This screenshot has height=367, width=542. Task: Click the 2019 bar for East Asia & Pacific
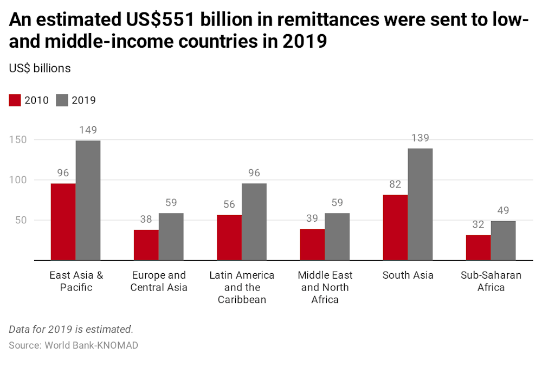point(88,200)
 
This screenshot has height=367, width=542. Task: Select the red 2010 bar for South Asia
point(395,228)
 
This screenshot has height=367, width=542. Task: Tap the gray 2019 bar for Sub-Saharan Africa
point(503,241)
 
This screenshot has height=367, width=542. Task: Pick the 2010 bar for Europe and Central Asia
point(146,245)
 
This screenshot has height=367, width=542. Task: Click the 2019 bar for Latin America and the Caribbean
point(254,222)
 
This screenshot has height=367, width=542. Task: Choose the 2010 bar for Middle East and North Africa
point(312,244)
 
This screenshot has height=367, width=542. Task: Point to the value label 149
point(88,131)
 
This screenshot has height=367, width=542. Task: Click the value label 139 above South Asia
point(420,138)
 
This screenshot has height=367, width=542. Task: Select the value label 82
point(395,185)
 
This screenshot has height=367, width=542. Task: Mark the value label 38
point(146,220)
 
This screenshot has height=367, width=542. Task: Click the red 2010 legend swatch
point(15,100)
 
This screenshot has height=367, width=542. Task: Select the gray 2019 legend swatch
point(62,100)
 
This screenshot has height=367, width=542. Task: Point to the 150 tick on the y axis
point(17,140)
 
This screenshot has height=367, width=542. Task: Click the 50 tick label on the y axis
point(21,220)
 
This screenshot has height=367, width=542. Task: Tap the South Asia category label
point(408,275)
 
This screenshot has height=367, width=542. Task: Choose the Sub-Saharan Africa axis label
point(491,281)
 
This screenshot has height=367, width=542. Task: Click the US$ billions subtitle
point(40,68)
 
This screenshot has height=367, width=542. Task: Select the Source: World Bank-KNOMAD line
point(73,345)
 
